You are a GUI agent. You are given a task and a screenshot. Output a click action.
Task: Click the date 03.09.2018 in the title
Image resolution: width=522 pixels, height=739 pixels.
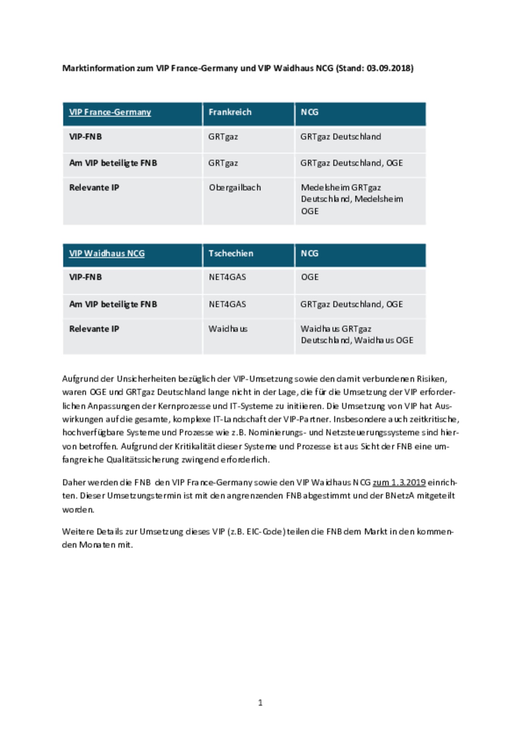(x=388, y=68)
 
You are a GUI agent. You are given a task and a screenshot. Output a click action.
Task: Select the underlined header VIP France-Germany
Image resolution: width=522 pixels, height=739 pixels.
(x=110, y=112)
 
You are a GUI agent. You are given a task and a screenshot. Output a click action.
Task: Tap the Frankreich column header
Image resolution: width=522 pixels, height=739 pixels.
(x=230, y=112)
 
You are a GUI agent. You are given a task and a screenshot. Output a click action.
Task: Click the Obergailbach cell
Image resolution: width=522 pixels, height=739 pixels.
(x=235, y=188)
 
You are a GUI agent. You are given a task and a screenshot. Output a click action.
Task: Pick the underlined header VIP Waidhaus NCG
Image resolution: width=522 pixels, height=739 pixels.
(x=107, y=253)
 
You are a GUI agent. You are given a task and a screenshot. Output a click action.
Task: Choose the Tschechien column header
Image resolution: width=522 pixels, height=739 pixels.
(x=231, y=253)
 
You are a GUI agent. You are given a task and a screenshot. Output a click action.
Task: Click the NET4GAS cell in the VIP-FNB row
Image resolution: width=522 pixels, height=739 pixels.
(x=227, y=277)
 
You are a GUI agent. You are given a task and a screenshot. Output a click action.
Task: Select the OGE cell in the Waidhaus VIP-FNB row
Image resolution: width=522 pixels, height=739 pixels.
(x=310, y=277)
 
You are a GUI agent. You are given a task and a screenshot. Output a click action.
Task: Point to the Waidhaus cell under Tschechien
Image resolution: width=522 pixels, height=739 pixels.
(x=228, y=329)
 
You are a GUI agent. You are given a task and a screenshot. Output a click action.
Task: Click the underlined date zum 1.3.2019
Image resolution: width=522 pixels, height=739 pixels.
(x=399, y=483)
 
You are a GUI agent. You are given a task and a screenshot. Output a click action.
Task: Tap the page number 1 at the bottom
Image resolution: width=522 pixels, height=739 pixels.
(x=260, y=703)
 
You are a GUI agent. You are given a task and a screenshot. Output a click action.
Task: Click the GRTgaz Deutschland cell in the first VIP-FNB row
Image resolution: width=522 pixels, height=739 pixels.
(x=340, y=137)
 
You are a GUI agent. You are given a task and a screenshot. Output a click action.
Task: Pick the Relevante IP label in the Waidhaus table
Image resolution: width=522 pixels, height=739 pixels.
(x=94, y=329)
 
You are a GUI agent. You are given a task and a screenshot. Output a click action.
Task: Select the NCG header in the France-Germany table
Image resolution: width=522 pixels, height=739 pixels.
(x=309, y=112)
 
